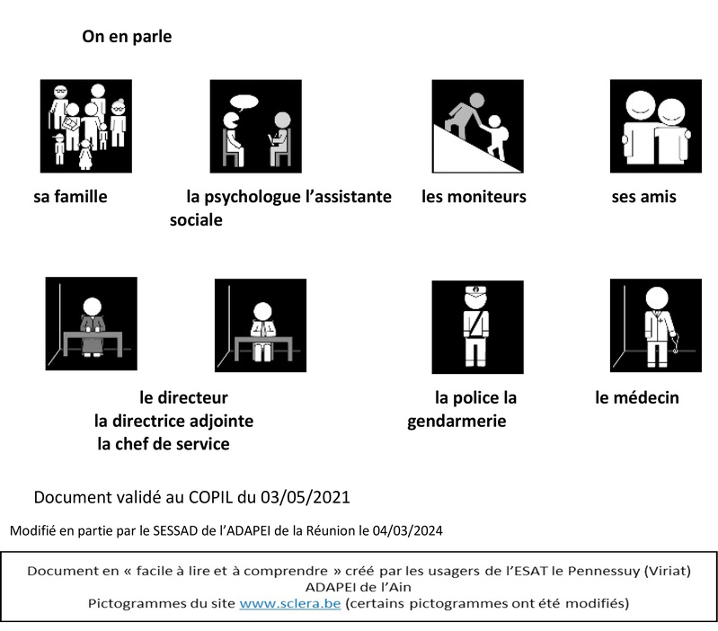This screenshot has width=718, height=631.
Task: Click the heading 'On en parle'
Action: click(x=127, y=38)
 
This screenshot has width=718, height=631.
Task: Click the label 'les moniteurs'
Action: click(x=474, y=197)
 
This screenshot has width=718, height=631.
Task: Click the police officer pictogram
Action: click(x=476, y=325)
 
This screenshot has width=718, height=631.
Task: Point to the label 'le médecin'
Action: click(x=636, y=397)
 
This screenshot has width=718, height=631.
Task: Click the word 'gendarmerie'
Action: click(x=457, y=421)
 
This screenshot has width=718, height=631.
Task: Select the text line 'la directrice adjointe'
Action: click(x=173, y=421)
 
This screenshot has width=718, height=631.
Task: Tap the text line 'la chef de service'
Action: click(x=164, y=444)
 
